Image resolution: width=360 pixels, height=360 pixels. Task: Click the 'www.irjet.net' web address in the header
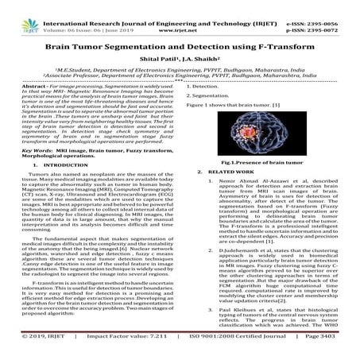(x=178, y=14)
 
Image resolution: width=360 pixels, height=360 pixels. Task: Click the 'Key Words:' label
(x=38, y=148)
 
